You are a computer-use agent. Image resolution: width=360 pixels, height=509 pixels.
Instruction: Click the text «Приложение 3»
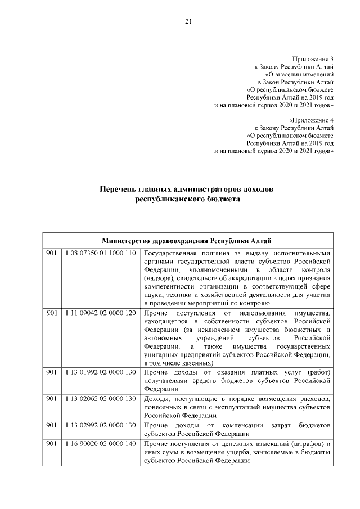coord(313,59)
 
